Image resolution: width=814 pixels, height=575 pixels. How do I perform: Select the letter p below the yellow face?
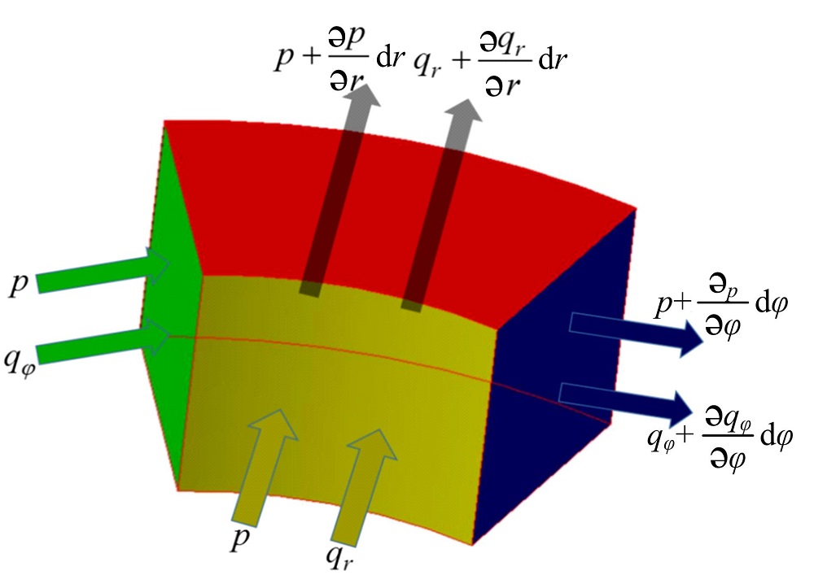[x=239, y=542]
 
